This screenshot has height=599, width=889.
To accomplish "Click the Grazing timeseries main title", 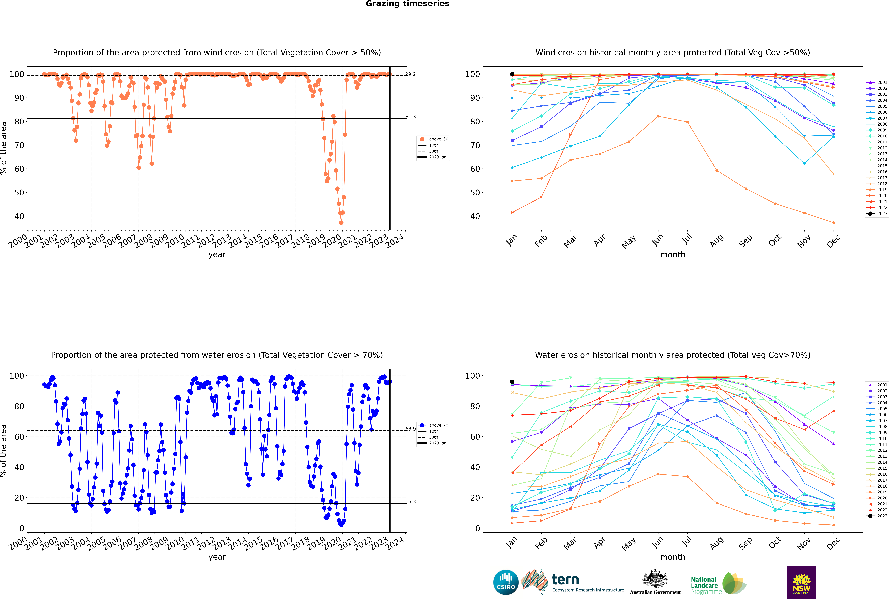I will [x=407, y=4].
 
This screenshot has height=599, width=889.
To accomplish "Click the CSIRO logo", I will [x=506, y=582].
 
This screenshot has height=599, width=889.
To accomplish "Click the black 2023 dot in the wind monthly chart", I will [x=512, y=74].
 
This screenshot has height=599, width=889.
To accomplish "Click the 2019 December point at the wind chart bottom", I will [x=834, y=223].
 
